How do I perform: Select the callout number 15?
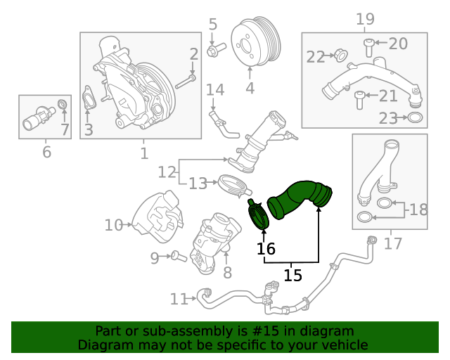coord(292,274)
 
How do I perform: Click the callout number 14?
coord(214,90)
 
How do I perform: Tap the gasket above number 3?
coord(87,101)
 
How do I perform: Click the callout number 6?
coord(46,151)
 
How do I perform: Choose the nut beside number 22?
coord(338,55)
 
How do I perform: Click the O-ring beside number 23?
coord(415,118)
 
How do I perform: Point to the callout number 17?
coord(393,243)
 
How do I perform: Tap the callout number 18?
coord(418,209)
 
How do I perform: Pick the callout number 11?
coord(179,300)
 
